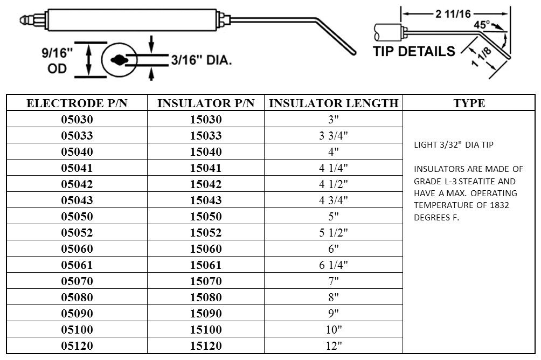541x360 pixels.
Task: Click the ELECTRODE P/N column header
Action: click(x=77, y=103)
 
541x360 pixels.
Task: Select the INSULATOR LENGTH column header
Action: click(x=334, y=103)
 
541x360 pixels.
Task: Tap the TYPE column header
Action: click(x=469, y=103)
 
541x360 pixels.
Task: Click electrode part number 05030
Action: click(x=77, y=120)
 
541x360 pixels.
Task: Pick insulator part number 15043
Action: click(x=206, y=200)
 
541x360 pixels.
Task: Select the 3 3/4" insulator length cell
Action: click(x=334, y=136)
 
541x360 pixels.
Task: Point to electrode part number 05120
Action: click(x=77, y=346)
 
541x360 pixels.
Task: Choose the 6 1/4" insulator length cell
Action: click(x=334, y=265)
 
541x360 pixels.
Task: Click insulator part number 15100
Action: click(x=206, y=330)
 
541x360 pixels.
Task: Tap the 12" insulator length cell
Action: click(x=334, y=346)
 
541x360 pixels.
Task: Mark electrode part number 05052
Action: click(x=77, y=233)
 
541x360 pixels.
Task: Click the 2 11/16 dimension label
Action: click(x=453, y=14)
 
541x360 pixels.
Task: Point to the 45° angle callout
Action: click(x=482, y=25)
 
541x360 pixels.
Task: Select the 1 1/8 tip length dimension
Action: click(x=481, y=57)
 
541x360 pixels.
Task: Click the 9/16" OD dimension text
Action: click(x=57, y=60)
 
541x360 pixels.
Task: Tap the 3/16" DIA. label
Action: click(x=202, y=60)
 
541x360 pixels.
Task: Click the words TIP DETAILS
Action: click(x=414, y=51)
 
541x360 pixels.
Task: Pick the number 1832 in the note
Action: click(x=500, y=205)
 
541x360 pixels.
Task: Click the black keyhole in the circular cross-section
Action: click(x=120, y=60)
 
